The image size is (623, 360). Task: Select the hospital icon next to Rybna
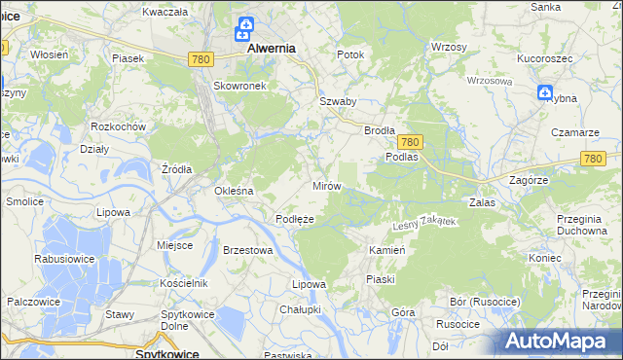pyautogui.click(x=545, y=92)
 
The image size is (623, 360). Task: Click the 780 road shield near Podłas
pyautogui.click(x=409, y=141)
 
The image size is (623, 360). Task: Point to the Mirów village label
pyautogui.click(x=326, y=185)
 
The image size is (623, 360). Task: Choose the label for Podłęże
pyautogui.click(x=294, y=219)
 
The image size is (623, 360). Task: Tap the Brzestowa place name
pyautogui.click(x=247, y=249)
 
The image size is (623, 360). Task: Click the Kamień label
pyautogui.click(x=386, y=250)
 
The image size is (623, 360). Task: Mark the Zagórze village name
pyautogui.click(x=530, y=180)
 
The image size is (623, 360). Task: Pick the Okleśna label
pyautogui.click(x=234, y=191)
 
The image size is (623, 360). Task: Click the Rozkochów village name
pyautogui.click(x=117, y=126)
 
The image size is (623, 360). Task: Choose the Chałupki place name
pyautogui.click(x=300, y=308)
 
